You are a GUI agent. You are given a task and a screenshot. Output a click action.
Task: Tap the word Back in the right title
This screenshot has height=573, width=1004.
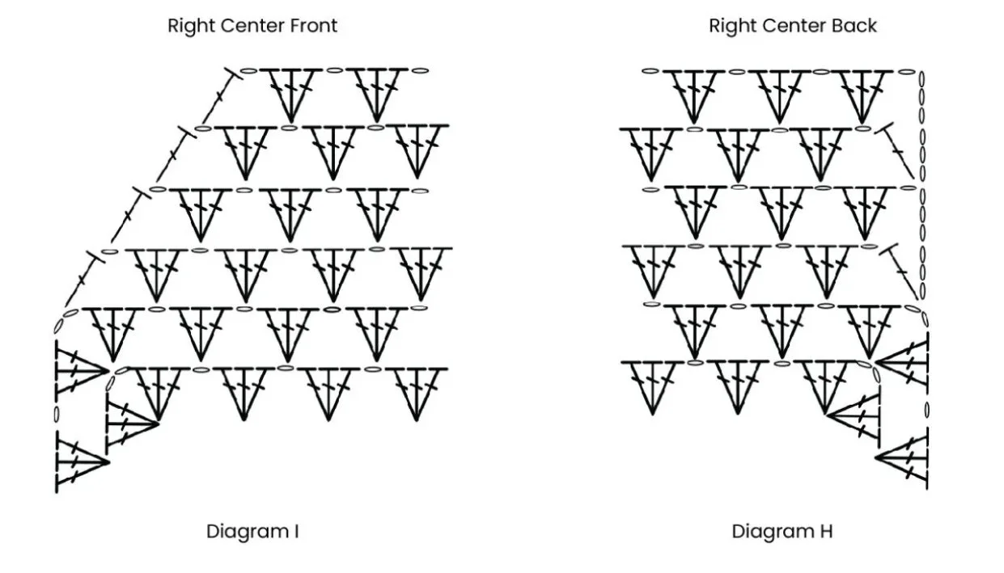click(855, 26)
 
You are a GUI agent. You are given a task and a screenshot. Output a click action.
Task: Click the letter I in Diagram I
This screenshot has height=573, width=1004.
click(296, 532)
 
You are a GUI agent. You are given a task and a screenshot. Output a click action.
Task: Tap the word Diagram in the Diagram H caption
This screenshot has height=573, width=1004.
click(769, 532)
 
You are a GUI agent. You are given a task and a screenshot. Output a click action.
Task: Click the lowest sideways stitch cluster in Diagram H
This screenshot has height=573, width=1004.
click(902, 461)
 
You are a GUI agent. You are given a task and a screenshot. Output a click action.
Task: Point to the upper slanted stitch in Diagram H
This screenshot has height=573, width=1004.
click(899, 150)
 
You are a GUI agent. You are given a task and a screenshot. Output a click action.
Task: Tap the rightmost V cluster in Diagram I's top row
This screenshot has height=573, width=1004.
click(376, 93)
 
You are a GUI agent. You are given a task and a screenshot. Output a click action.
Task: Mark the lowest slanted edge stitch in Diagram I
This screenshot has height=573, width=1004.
click(85, 279)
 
